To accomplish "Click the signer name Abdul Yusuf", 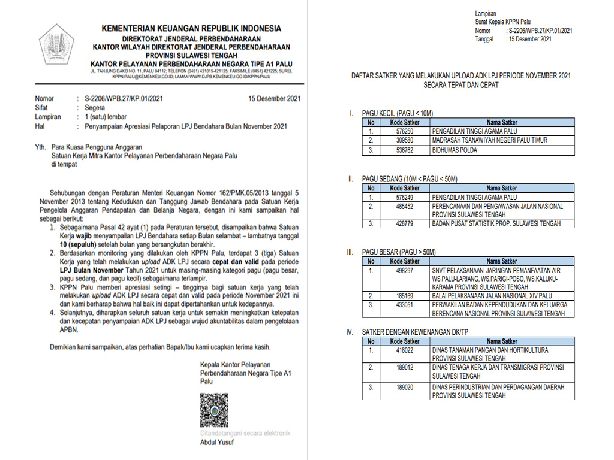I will pos(217,443).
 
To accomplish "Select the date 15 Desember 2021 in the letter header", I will pos(274,99).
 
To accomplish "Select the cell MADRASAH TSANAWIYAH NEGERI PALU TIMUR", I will pos(489,140).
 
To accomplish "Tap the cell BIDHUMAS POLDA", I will pos(455,150).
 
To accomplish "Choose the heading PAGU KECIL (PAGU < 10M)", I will pos(397,113).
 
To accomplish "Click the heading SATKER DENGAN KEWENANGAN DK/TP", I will pos(416,332).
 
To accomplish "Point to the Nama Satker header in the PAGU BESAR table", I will pos(501,261).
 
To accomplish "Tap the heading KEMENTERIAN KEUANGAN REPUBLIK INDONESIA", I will pos(191,28).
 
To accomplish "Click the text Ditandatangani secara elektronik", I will pos(245,433).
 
